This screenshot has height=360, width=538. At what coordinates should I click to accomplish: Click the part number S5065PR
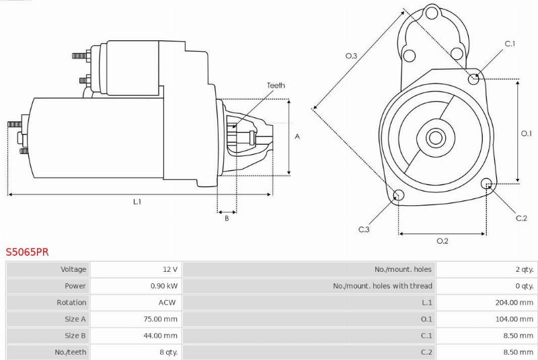(x=28, y=252)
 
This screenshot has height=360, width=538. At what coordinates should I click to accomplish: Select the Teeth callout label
(x=276, y=85)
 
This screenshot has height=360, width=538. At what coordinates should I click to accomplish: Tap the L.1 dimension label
(x=137, y=202)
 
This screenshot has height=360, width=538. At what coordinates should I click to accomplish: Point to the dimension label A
(x=297, y=137)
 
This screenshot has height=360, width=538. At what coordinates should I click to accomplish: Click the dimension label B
(x=227, y=218)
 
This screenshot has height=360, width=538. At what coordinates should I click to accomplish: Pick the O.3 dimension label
(x=351, y=56)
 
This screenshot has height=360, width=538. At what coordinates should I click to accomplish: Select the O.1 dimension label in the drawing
(x=527, y=133)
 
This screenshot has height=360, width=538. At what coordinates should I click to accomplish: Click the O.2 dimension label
(x=443, y=241)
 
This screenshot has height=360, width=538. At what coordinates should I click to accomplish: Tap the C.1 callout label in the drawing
(x=510, y=44)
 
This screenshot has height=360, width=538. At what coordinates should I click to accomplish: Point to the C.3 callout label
(x=364, y=229)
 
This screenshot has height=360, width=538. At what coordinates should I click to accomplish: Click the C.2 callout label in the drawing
(x=521, y=218)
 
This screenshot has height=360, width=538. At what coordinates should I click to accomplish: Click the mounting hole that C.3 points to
(x=398, y=195)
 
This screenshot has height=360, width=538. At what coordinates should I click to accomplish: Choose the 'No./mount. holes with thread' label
(x=382, y=286)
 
